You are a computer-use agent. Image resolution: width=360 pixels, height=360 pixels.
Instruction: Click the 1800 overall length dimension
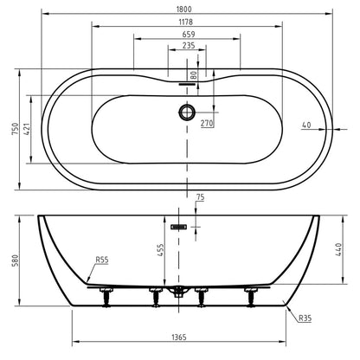point(183,10)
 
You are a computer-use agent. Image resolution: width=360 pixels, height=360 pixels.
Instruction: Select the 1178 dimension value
point(186,22)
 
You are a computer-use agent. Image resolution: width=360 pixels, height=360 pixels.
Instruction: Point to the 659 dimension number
point(189,34)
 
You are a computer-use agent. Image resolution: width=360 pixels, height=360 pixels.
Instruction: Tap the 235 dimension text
point(189,46)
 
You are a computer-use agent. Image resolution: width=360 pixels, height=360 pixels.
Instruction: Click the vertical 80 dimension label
point(194,75)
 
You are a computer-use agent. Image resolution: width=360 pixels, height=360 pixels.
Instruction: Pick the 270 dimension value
point(207,124)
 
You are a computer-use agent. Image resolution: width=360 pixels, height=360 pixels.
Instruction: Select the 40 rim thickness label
point(306,125)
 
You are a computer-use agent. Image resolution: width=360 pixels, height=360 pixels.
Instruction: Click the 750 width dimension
point(15,129)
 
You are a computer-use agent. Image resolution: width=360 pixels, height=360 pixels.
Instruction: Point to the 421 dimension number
point(27,129)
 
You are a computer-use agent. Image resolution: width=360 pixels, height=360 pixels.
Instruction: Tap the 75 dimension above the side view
point(200,197)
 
